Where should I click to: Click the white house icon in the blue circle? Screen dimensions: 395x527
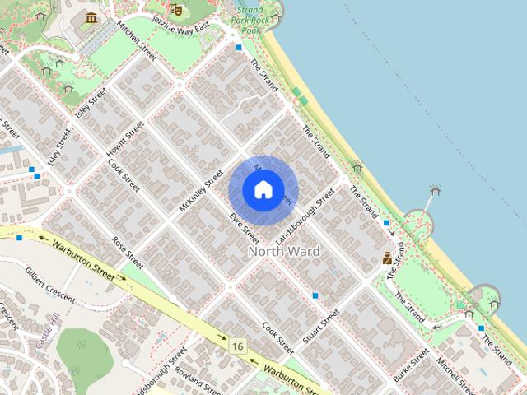coord(263,190)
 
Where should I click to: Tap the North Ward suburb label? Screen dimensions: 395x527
coord(284,250)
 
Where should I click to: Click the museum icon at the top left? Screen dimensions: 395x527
coord(91,17)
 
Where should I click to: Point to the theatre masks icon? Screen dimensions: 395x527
coord(175,9)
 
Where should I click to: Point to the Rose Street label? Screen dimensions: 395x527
coord(128,253)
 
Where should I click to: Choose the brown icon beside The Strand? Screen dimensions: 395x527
coord(387,258)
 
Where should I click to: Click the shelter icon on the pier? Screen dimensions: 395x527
coord(435,191)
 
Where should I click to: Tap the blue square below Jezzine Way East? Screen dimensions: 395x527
coord(239,48)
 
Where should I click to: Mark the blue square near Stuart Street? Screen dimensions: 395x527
coord(315,295)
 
